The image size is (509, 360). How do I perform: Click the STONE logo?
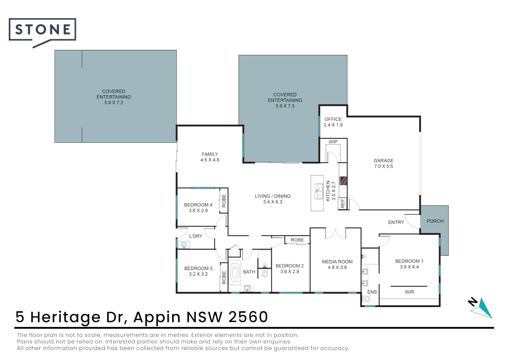pyautogui.click(x=42, y=32)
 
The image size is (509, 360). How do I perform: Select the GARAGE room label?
pyautogui.click(x=383, y=161)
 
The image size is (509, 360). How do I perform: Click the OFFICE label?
pyautogui.click(x=333, y=119)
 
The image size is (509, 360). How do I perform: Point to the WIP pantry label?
pyautogui.click(x=333, y=142)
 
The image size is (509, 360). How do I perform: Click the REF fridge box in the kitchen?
pyautogui.click(x=343, y=203)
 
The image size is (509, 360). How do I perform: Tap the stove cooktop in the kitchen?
pyautogui.click(x=343, y=181)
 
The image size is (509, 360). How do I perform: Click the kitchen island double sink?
pyautogui.click(x=319, y=191)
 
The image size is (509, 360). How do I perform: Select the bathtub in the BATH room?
pyautogui.click(x=235, y=272)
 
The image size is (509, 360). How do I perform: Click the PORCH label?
pyautogui.click(x=435, y=221)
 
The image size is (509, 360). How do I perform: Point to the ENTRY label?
pyautogui.click(x=396, y=222)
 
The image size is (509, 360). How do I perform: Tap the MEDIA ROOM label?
pyautogui.click(x=337, y=262)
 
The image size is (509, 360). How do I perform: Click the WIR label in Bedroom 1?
pyautogui.click(x=409, y=292)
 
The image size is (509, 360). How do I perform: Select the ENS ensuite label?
pyautogui.click(x=372, y=292)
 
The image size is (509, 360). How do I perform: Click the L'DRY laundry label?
pyautogui.click(x=196, y=236)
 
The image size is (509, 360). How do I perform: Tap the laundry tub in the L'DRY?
pyautogui.click(x=184, y=245)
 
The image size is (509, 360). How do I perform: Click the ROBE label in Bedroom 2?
pyautogui.click(x=297, y=240)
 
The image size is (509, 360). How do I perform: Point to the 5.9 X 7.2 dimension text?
pyautogui.click(x=114, y=103)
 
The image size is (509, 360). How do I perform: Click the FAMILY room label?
pyautogui.click(x=210, y=154)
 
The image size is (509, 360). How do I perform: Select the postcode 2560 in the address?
pyautogui.click(x=248, y=317)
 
